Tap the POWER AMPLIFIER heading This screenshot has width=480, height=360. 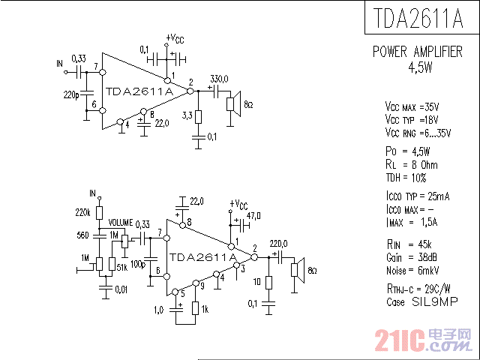(x=418, y=52)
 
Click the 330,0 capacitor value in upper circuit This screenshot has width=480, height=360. (x=219, y=79)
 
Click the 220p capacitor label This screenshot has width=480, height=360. (x=71, y=95)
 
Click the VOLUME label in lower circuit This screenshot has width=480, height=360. (x=120, y=223)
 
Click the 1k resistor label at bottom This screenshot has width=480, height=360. (x=205, y=310)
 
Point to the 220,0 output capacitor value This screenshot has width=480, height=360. (x=279, y=242)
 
